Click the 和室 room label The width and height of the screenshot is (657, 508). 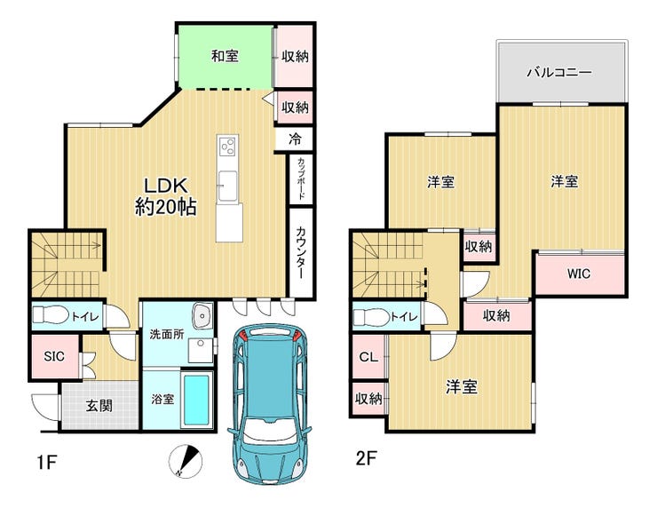pos(225,56)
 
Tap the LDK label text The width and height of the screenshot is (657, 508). pos(166,186)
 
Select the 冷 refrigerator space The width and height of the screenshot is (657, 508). pos(295,139)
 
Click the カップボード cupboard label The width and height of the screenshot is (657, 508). pos(301,179)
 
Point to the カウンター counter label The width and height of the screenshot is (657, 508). pos(300,253)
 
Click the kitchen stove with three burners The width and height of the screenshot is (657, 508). pos(228,146)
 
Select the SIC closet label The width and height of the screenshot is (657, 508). pos(54,356)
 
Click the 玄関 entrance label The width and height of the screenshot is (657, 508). pos(99,405)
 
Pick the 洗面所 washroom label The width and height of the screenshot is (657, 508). pos(167,335)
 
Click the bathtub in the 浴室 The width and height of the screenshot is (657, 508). pos(196,400)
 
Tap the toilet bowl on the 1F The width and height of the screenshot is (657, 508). pos(51,314)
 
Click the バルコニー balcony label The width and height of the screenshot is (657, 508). pos(559,72)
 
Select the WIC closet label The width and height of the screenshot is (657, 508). pos(579,274)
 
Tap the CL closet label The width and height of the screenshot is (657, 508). pos(368,357)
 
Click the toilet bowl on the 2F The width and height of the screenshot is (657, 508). pos(371,317)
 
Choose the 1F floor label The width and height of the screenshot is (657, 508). pos(46,463)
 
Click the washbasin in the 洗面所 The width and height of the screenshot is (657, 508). pos(203,315)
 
